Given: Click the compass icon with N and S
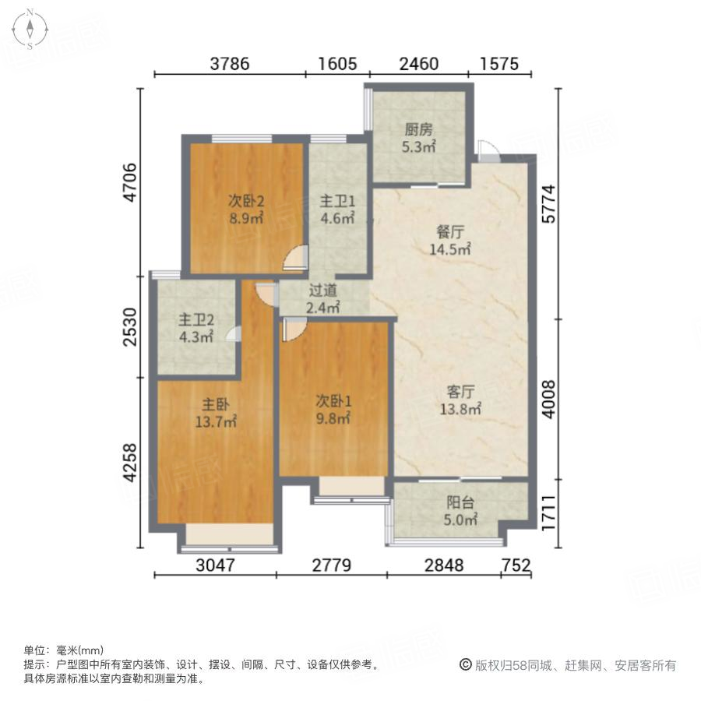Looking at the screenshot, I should [x=30, y=29].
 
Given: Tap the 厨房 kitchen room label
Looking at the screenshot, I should [x=418, y=130].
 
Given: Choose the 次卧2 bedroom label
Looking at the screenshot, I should [x=245, y=200].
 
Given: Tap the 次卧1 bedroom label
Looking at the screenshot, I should [x=333, y=400].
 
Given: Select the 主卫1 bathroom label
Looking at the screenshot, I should [x=337, y=200].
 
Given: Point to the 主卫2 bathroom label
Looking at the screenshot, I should [x=196, y=319].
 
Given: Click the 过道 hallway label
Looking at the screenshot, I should [x=323, y=291].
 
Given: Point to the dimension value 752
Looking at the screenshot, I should [x=516, y=565].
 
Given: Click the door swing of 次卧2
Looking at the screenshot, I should [x=295, y=258].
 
